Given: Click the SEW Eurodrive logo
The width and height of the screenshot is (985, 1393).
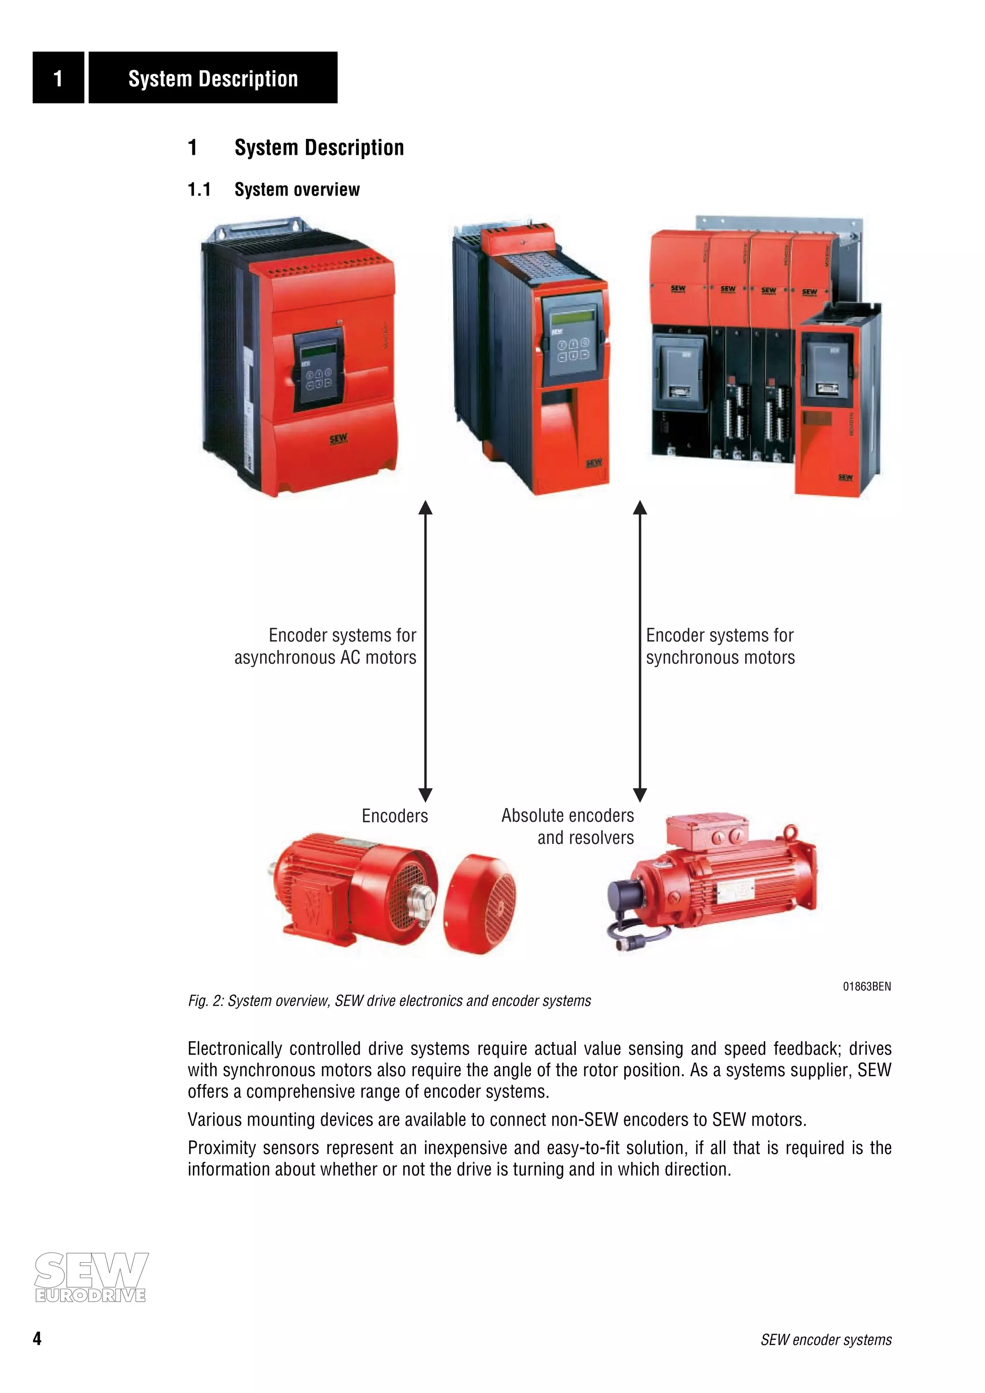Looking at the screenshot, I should [x=90, y=1277].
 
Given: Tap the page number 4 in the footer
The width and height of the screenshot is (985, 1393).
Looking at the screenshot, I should [x=37, y=1338].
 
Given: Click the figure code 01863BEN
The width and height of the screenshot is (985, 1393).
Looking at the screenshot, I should [x=866, y=986].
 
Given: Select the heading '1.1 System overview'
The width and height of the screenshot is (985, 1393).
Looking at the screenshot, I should [x=273, y=189].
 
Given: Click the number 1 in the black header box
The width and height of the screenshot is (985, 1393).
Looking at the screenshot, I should [x=58, y=78].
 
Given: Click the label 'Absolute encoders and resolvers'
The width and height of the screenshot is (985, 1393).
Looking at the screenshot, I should [x=568, y=826].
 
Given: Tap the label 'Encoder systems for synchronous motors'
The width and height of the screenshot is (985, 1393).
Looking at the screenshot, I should [x=720, y=646].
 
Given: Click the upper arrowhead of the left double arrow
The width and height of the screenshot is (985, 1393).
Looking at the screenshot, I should [x=426, y=507].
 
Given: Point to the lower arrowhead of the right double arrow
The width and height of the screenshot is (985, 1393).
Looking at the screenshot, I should [x=640, y=794].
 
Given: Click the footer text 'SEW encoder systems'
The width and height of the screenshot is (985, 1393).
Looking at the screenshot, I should [x=826, y=1340].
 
